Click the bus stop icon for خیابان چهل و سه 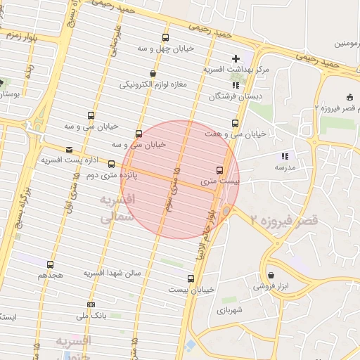coord(165,38)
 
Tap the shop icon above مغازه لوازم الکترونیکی coord(153,74)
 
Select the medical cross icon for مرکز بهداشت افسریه coord(236,58)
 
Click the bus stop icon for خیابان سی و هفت coord(235,123)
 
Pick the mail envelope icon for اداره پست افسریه coord(69,150)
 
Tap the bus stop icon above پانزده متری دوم coord(111,165)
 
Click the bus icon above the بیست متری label coord(219,170)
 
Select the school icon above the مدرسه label coord(284,156)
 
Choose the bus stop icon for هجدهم coord(49,264)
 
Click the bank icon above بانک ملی coord(91,304)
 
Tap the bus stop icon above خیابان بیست coord(191,278)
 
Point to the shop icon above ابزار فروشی coord(271,275)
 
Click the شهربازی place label coord(230,309)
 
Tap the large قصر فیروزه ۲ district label coord(281,220)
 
